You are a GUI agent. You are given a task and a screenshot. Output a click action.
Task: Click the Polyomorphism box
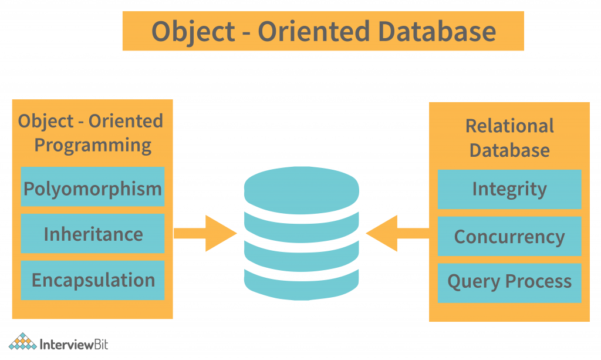tap(93, 189)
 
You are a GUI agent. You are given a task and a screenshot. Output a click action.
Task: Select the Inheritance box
tap(93, 234)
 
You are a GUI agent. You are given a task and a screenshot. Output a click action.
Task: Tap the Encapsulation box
tap(93, 280)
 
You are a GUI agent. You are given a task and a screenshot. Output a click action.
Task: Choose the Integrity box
tap(509, 189)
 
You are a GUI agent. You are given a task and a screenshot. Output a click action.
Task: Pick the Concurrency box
tap(509, 236)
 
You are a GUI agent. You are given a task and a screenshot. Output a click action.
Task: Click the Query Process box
tap(509, 282)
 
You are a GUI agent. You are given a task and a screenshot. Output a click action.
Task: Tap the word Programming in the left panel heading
tap(93, 145)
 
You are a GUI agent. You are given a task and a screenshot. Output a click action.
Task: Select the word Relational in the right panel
tap(509, 126)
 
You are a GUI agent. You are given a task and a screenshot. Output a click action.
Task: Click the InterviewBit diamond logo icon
tap(22, 342)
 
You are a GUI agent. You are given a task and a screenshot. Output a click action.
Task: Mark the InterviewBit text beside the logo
tap(74, 344)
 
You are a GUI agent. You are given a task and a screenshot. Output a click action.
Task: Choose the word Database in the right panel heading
tap(509, 150)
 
